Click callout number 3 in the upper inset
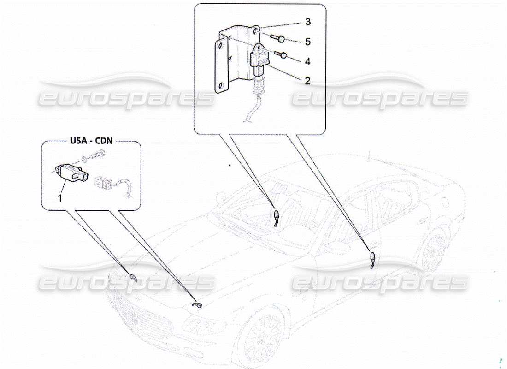pos(308,22)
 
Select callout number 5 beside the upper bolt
pos(308,42)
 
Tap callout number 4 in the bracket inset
pos(308,61)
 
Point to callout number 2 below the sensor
pos(308,80)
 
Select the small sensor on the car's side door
pos(372,256)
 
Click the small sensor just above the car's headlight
pos(198,306)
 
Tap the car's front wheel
pos(264,333)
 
